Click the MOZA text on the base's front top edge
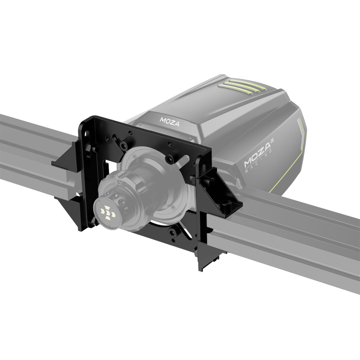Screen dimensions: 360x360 [x=169, y=121]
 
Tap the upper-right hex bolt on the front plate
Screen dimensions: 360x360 [x=171, y=158]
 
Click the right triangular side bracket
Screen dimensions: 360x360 [x=221, y=192]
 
